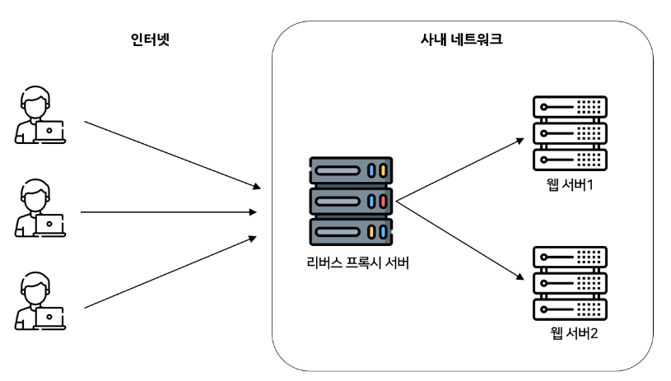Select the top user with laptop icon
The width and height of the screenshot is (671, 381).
click(x=40, y=118)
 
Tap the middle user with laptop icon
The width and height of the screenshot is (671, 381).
click(x=40, y=209)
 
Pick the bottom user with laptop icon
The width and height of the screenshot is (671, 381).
click(x=40, y=304)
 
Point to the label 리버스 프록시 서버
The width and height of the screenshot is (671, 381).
click(x=352, y=265)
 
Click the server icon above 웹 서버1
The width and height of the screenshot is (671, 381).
click(x=570, y=132)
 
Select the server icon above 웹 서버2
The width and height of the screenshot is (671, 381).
click(x=570, y=283)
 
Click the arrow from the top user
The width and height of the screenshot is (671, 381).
click(x=173, y=155)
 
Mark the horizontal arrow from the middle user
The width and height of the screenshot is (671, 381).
click(x=169, y=212)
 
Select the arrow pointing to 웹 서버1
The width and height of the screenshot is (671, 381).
click(x=459, y=168)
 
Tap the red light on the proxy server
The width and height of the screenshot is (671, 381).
click(x=383, y=201)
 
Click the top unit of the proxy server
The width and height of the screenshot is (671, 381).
click(x=352, y=171)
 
